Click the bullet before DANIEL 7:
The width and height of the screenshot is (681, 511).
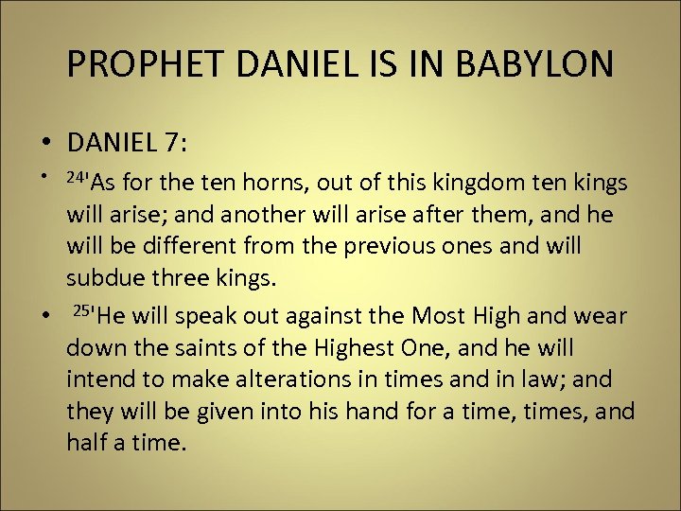click(45, 144)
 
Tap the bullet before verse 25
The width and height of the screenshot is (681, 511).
click(45, 315)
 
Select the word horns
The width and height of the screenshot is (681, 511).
click(249, 183)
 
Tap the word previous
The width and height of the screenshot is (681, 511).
click(385, 247)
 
